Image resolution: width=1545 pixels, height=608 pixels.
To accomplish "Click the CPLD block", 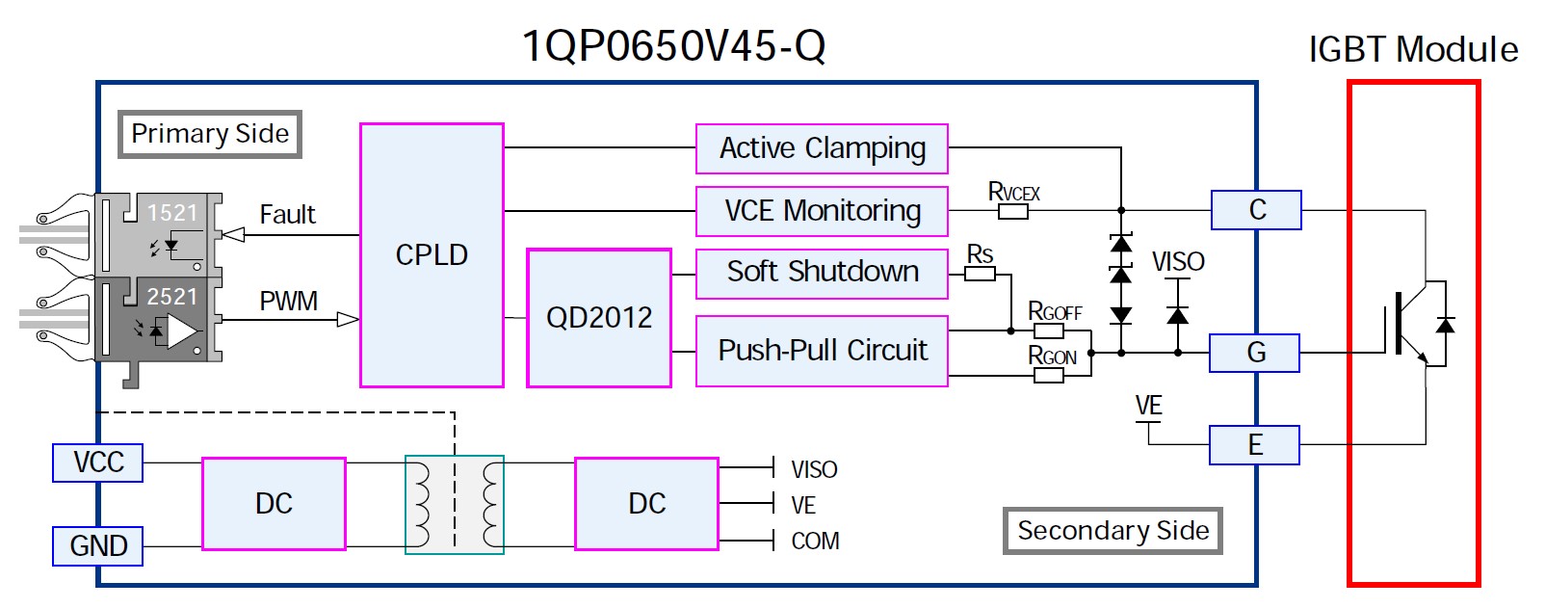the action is (432, 255).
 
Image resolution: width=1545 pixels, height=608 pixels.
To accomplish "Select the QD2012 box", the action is (599, 318).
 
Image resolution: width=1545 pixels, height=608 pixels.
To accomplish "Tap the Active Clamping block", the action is (823, 148).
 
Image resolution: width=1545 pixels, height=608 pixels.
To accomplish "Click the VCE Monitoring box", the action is (823, 211).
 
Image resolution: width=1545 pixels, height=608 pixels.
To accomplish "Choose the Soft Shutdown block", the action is (823, 272).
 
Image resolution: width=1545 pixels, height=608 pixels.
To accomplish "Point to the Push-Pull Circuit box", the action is (823, 351).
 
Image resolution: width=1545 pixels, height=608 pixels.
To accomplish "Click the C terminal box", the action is (1257, 210).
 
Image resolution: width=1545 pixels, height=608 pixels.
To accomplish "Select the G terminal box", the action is (1255, 353).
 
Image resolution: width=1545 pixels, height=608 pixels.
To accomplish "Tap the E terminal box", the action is (1255, 445).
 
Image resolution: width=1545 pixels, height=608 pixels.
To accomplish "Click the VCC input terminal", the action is (98, 463).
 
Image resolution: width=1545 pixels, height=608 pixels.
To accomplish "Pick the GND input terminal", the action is (98, 546).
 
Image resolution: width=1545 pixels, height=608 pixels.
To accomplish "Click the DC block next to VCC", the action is (274, 504).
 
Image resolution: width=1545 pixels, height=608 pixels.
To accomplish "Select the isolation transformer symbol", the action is (455, 505).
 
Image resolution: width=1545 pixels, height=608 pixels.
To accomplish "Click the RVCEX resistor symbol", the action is (1013, 211).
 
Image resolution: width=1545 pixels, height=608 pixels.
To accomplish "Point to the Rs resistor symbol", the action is (981, 274).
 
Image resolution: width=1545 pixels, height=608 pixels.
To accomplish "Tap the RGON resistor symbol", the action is (1049, 376).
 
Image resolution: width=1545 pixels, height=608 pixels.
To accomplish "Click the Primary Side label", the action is (210, 134).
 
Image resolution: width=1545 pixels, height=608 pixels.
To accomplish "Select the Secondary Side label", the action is (1113, 531).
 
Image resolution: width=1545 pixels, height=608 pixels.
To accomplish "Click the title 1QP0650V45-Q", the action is (673, 46).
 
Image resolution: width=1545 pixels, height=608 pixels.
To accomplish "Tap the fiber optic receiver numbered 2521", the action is (159, 320).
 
